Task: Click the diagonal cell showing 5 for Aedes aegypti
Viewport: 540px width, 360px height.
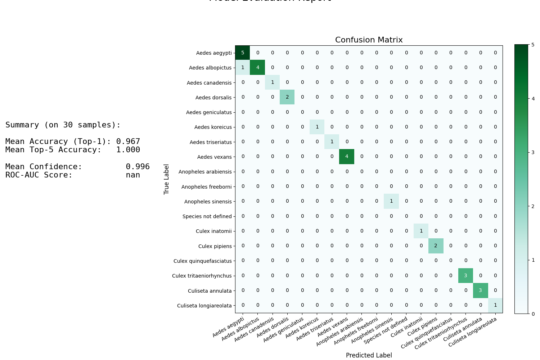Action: [x=243, y=53]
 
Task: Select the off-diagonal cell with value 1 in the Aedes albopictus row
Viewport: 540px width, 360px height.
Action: [x=243, y=68]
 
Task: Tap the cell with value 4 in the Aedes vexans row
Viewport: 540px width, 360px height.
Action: [x=347, y=157]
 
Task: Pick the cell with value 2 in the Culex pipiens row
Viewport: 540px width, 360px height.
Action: [x=436, y=246]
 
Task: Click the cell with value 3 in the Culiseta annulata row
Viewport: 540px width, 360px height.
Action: [x=480, y=291]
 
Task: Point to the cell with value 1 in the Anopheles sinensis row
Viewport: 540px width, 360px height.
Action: [x=391, y=201]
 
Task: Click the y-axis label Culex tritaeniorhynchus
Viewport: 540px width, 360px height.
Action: [x=202, y=276]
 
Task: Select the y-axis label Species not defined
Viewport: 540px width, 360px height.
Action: [x=207, y=216]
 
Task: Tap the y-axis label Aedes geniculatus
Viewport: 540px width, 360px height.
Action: [x=209, y=112]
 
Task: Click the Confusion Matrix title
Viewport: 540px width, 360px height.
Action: [x=369, y=40]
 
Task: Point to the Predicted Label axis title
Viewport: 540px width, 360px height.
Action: [x=369, y=355]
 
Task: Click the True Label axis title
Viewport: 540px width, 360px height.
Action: [x=166, y=179]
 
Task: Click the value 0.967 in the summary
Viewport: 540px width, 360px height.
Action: [x=128, y=142]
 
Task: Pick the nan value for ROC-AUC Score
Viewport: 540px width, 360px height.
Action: [x=133, y=175]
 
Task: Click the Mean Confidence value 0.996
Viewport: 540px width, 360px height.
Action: [x=138, y=167]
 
